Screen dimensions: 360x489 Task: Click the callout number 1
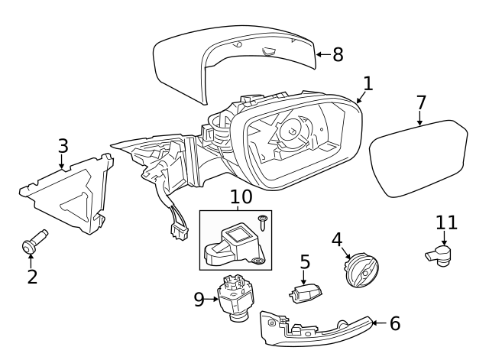click(x=368, y=83)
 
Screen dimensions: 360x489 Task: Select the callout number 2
click(x=32, y=276)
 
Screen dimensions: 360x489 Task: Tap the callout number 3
click(x=63, y=145)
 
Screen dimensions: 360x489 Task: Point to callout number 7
click(x=421, y=102)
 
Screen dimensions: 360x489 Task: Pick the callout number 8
click(x=338, y=54)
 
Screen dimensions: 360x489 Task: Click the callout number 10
click(x=241, y=197)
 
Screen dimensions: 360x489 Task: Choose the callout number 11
click(x=446, y=222)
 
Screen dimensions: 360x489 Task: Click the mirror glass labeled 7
click(x=419, y=161)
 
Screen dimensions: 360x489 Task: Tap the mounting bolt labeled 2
click(x=34, y=244)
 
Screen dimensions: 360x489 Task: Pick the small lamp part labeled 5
click(x=306, y=291)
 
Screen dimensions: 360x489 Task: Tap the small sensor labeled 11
click(x=439, y=254)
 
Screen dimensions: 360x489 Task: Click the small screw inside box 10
click(x=262, y=222)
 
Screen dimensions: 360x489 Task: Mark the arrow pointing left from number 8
click(x=322, y=54)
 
